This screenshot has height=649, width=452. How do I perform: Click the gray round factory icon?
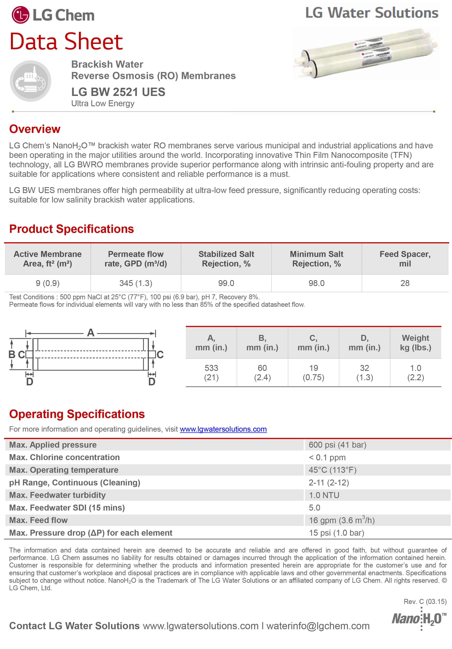coord(30,81)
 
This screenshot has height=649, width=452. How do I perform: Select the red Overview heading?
coord(35,129)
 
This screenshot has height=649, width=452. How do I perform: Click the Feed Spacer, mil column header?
coord(405,259)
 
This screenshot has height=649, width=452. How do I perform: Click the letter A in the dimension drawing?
coord(90,333)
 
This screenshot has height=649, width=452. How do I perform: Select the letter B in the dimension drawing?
coord(12,354)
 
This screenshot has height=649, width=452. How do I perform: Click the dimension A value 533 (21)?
coord(211,372)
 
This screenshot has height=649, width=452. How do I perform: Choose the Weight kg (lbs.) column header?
coord(415,343)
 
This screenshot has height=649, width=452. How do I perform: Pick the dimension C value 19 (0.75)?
coord(313,372)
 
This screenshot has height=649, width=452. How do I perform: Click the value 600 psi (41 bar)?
coord(337,445)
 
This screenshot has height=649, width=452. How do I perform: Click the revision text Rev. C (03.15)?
coord(425,602)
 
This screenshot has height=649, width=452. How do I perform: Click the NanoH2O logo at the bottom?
coord(419,619)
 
